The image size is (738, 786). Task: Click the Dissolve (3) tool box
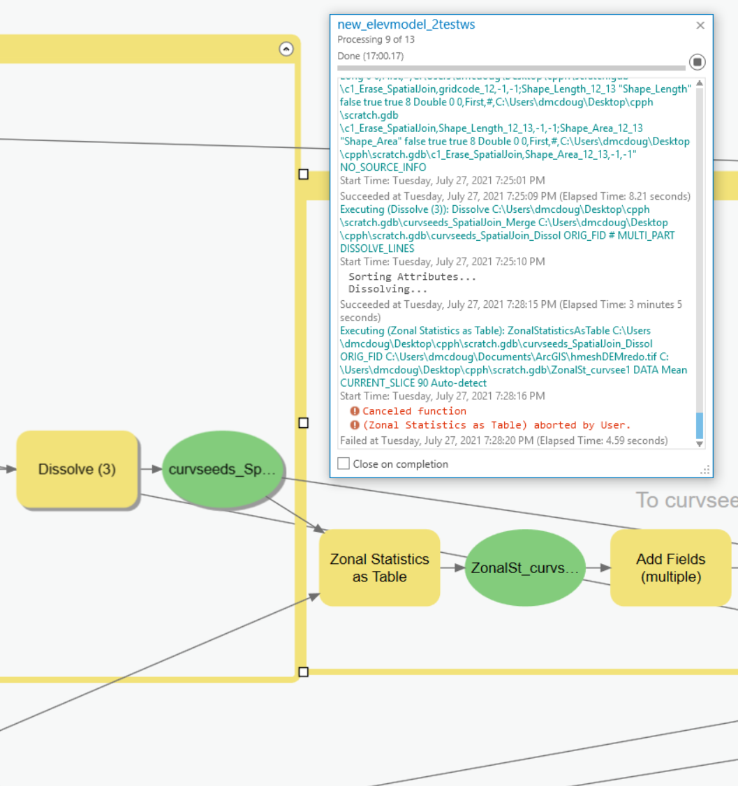point(77,470)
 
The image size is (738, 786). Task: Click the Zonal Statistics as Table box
point(379,568)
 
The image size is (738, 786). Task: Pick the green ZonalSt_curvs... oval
point(524,568)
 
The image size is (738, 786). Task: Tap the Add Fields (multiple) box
point(670,568)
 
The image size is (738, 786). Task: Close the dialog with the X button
point(700,25)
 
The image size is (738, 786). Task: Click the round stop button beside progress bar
point(697,62)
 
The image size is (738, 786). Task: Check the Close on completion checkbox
point(344,464)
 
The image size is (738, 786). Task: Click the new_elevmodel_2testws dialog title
point(406,24)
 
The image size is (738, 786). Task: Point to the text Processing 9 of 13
point(376,40)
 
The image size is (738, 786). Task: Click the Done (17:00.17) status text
point(370,56)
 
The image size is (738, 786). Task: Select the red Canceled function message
point(413,411)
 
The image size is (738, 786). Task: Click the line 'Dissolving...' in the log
point(388,289)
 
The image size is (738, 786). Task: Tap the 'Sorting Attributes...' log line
point(412,276)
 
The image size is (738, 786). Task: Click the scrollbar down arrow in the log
point(700,443)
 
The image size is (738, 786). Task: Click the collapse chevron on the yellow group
point(286,49)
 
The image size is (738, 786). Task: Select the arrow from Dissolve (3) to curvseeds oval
point(150,470)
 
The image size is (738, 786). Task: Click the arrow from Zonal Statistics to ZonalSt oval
point(452,568)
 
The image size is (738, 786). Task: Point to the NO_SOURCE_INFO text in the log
point(383,168)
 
